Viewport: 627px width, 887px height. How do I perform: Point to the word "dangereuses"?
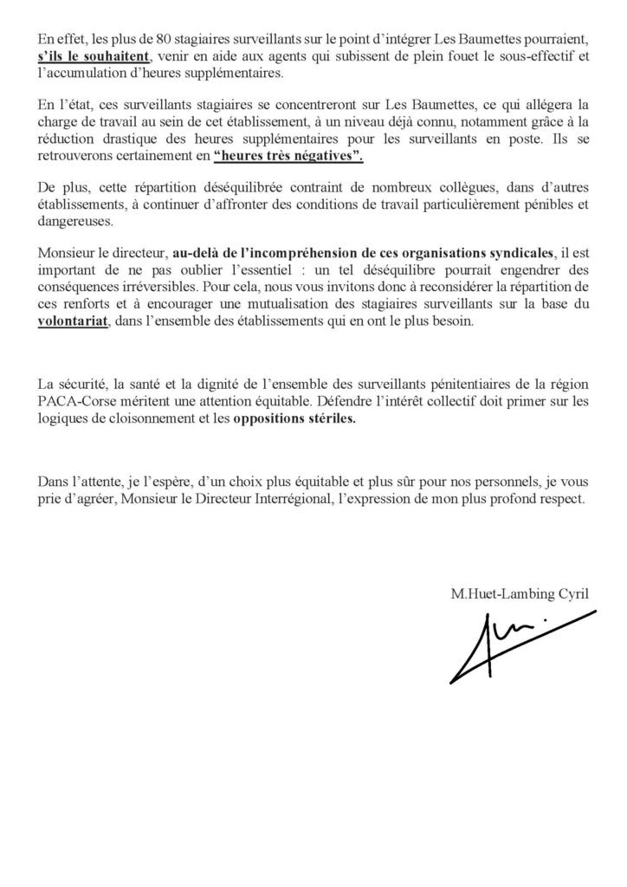pyautogui.click(x=76, y=222)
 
